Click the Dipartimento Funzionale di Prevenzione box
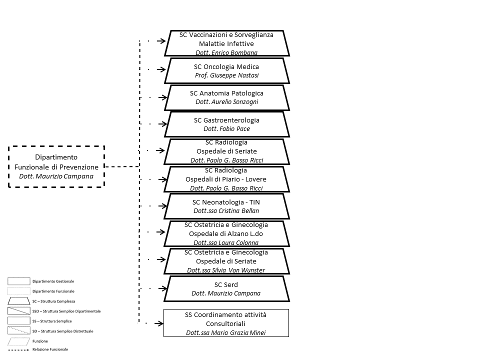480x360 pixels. tap(56, 166)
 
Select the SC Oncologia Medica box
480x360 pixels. tap(226, 70)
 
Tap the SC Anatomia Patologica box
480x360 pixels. tap(226, 97)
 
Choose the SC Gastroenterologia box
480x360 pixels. tap(226, 124)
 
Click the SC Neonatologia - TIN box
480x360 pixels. tap(226, 206)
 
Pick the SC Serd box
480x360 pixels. tap(226, 289)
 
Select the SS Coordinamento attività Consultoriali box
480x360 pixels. tap(226, 323)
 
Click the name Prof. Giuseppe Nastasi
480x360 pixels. tap(226, 75)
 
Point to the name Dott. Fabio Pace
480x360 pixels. tap(226, 129)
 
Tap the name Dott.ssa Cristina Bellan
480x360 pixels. tap(226, 210)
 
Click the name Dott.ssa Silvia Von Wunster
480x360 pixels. tap(226, 270)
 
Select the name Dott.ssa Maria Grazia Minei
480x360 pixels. tap(226, 332)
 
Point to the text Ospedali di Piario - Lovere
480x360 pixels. tap(226, 179)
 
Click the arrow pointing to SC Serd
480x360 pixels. tap(161, 288)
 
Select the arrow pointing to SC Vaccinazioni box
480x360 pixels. tap(161, 42)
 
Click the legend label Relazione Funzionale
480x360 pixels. tap(50, 349)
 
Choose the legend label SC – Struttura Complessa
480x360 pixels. tap(53, 301)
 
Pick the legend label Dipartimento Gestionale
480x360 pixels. tap(53, 281)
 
